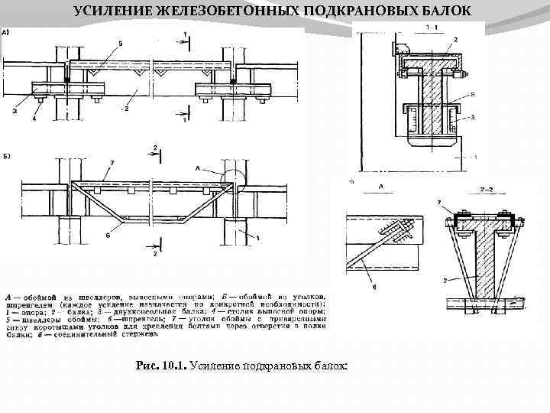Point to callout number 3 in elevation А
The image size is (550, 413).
[15, 110]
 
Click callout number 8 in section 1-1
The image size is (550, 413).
[473, 93]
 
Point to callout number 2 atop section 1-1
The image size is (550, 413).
[455, 38]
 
